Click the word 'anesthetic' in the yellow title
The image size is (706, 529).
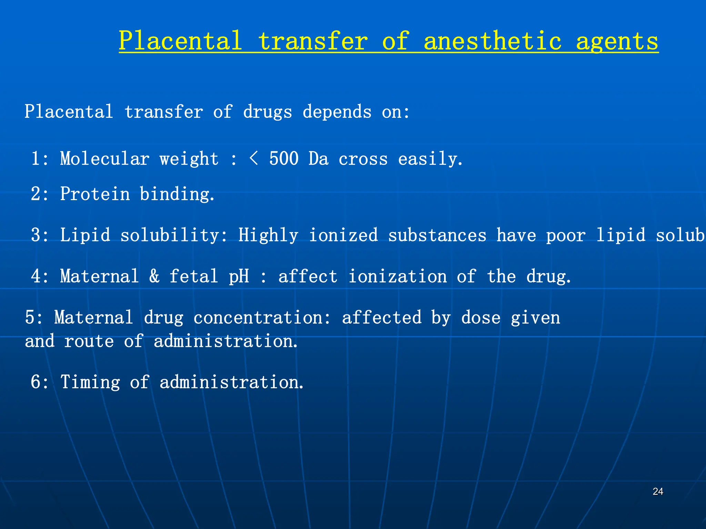[x=493, y=41]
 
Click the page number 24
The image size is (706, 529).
[x=658, y=491]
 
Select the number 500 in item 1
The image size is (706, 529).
[x=284, y=159]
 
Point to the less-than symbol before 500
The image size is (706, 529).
[x=253, y=159]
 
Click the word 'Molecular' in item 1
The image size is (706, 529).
[x=105, y=159]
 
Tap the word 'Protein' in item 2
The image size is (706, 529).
[x=95, y=194]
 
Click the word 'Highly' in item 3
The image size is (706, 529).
[x=268, y=236]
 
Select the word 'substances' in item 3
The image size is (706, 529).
[x=437, y=236]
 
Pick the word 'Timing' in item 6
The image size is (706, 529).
[x=90, y=382]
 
